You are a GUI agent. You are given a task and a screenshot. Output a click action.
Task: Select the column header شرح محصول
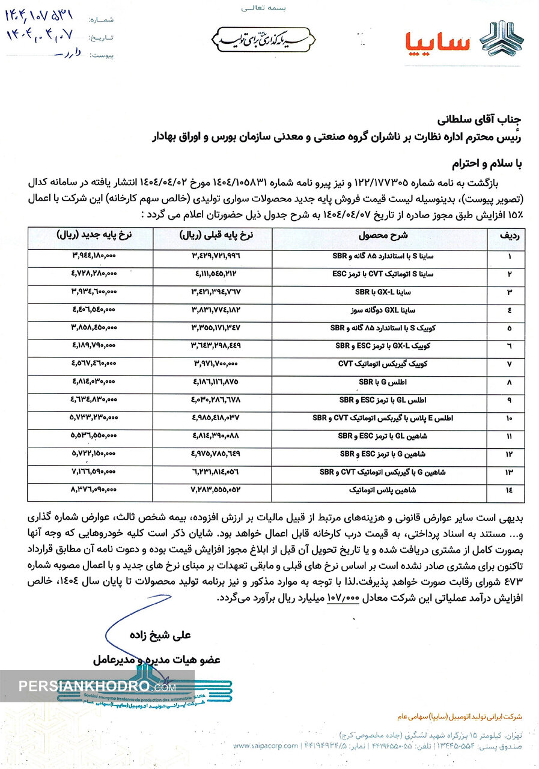pos(388,237)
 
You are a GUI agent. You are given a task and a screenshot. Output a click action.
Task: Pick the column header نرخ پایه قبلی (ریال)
pos(214,237)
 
